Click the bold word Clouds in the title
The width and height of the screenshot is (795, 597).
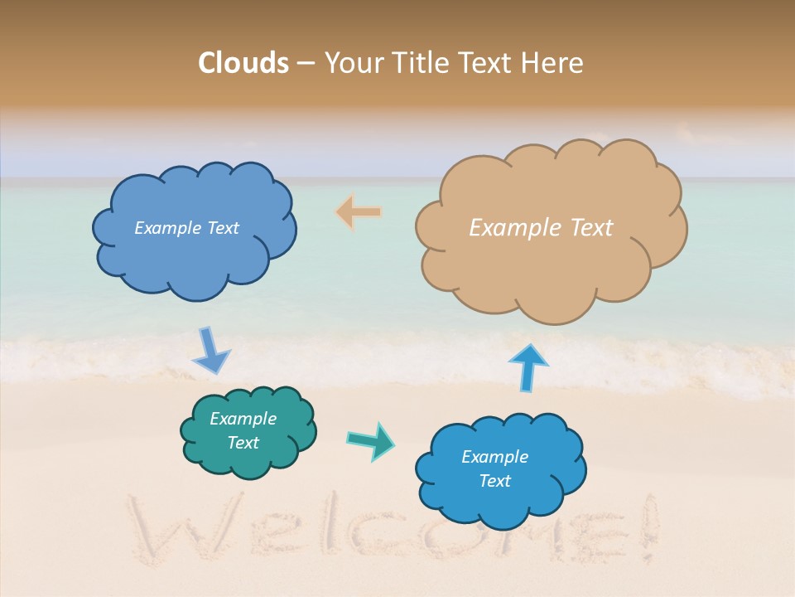click(243, 63)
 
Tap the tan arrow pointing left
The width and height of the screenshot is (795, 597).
click(359, 212)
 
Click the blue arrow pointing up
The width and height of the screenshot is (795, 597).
click(528, 366)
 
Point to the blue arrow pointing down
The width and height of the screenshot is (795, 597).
click(210, 351)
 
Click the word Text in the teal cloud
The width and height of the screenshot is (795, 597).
click(243, 443)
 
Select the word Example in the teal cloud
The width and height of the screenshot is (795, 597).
click(243, 419)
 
